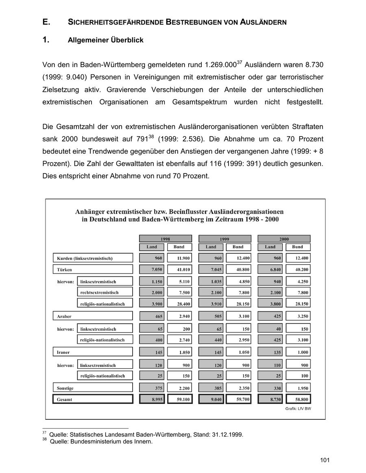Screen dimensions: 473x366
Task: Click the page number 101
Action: (325, 460)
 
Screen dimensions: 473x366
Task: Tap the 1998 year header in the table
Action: (165, 239)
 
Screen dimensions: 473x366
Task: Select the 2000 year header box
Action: (284, 239)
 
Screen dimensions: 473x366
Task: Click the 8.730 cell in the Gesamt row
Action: (270, 399)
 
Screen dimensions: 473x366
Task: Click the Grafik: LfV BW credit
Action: (298, 408)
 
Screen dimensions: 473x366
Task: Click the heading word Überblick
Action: (126, 41)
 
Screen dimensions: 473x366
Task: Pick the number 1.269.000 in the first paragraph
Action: (221, 65)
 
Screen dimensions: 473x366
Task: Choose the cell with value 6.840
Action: (270, 269)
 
